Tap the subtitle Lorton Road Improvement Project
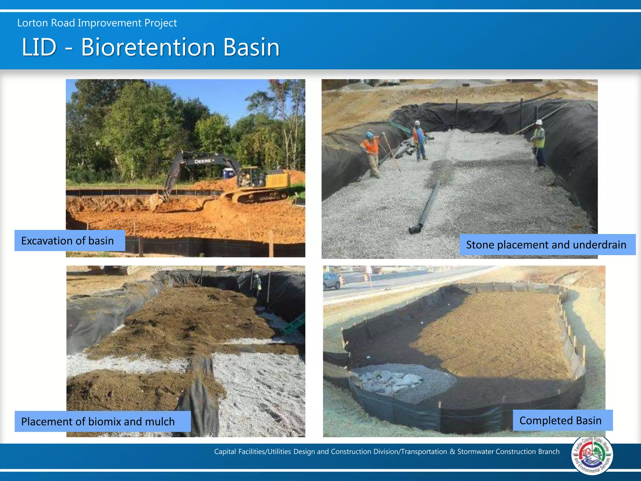pyautogui.click(x=97, y=23)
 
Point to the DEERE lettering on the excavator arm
pyautogui.click(x=204, y=161)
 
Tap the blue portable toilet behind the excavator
pyautogui.click(x=229, y=173)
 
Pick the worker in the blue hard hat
pyautogui.click(x=372, y=153)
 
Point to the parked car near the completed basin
pyautogui.click(x=332, y=281)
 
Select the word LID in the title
pyautogui.click(x=39, y=48)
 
